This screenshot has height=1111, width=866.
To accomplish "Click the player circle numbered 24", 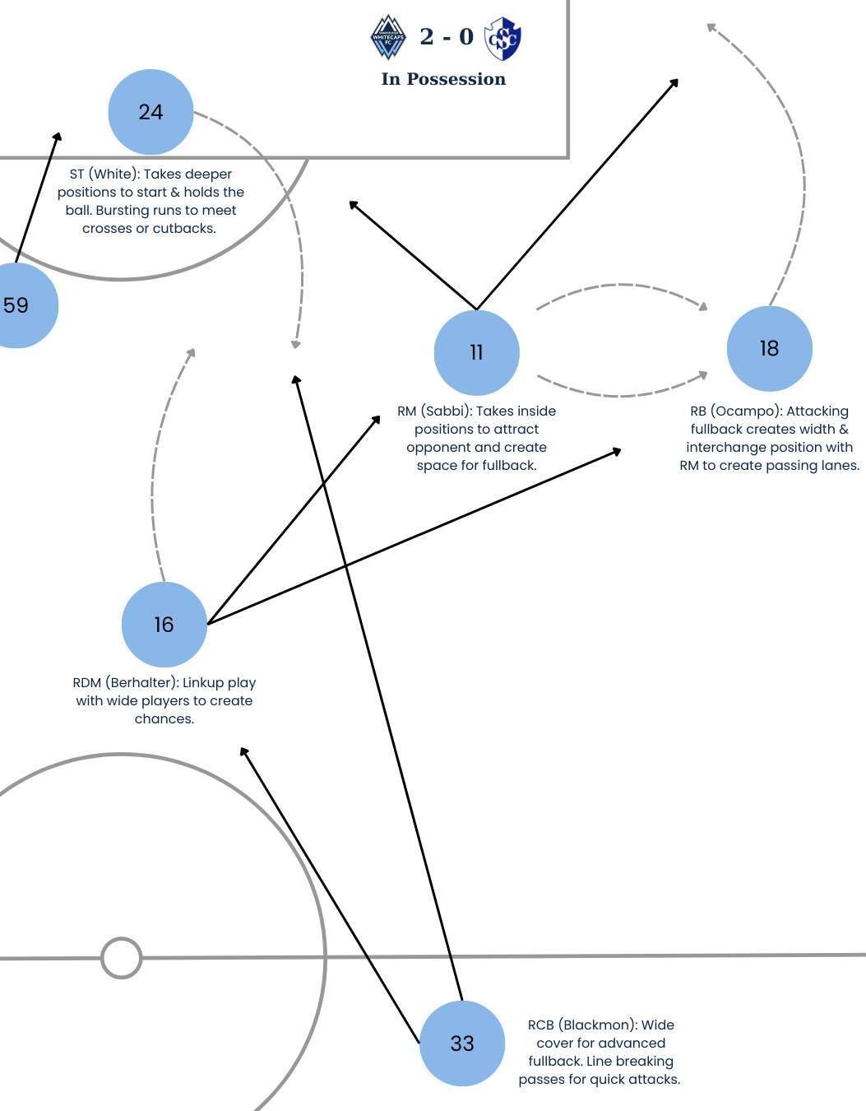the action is pyautogui.click(x=151, y=112).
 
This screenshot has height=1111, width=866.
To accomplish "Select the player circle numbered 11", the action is pyautogui.click(x=477, y=353).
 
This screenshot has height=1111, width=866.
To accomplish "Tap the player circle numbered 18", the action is pyautogui.click(x=770, y=349).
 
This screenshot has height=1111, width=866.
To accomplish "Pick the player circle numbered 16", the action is pyautogui.click(x=164, y=625).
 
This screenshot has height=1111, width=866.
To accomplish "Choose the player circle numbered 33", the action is pyautogui.click(x=462, y=1044).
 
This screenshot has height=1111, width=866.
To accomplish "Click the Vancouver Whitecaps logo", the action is pyautogui.click(x=388, y=37).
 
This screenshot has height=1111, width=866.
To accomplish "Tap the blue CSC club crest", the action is pyautogui.click(x=502, y=39).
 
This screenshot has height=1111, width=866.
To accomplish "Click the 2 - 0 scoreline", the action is pyautogui.click(x=447, y=36).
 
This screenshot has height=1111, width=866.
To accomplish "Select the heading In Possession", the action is pyautogui.click(x=443, y=79).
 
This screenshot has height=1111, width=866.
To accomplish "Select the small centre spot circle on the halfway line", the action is pyautogui.click(x=122, y=958).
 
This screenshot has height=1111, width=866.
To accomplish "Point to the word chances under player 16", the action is pyautogui.click(x=164, y=718).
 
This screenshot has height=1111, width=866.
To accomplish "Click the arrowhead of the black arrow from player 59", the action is pyautogui.click(x=58, y=137).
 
